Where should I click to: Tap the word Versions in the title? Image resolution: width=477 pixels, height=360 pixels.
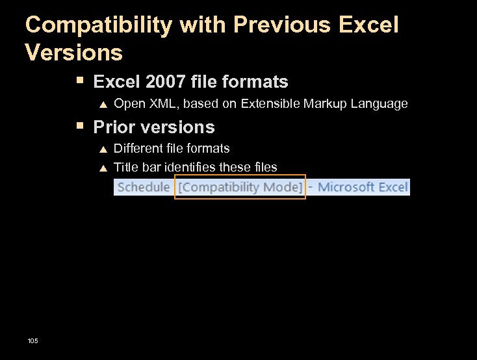pos(73,52)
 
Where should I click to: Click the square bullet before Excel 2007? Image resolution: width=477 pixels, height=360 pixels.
pos(79,81)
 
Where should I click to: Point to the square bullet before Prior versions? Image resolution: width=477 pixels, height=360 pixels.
pos(79,125)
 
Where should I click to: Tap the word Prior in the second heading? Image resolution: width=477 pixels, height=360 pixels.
pos(114,127)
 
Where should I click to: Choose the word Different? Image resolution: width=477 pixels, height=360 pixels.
pos(138,149)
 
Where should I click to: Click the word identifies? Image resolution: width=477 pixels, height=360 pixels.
pos(190,168)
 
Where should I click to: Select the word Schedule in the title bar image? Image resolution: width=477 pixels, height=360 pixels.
pos(144,187)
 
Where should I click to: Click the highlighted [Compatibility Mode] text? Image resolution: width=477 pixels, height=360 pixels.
pos(240,187)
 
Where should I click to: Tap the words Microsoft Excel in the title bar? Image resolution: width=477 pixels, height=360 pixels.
pos(363,187)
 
